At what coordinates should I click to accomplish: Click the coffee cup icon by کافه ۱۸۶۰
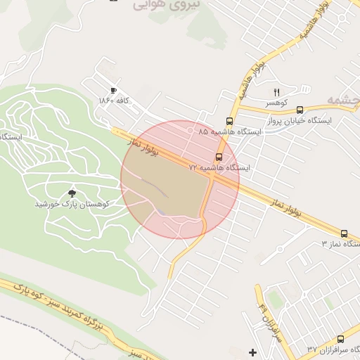(x=113, y=91)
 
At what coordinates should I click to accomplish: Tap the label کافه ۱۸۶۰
(x=115, y=101)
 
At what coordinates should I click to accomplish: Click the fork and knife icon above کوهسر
(x=276, y=93)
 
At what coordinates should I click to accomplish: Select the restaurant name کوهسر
(x=276, y=103)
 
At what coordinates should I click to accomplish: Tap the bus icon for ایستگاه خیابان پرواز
(x=300, y=110)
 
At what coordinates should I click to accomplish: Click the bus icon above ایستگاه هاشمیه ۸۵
(x=229, y=121)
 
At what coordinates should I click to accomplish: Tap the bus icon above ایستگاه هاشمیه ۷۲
(x=219, y=157)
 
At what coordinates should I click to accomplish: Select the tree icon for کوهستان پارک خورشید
(x=71, y=192)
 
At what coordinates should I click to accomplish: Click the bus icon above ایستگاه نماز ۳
(x=344, y=233)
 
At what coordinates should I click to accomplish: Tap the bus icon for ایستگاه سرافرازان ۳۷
(x=340, y=339)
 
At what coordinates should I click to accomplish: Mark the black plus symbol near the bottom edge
(x=252, y=352)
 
